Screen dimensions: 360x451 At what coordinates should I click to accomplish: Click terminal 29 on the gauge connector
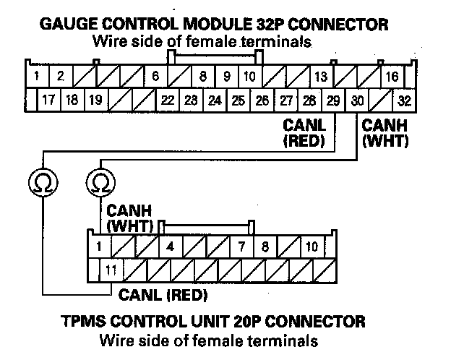click(x=333, y=100)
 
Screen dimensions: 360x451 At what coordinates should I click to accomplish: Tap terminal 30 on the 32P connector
click(x=357, y=100)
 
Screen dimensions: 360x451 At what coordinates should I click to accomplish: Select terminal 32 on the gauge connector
click(x=405, y=100)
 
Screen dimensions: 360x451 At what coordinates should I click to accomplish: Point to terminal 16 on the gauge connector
click(x=392, y=76)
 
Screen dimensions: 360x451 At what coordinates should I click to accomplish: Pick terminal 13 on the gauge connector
click(x=321, y=76)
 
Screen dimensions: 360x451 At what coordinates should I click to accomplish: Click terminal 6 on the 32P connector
click(x=155, y=76)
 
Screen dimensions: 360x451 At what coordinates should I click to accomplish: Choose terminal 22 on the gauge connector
click(x=168, y=100)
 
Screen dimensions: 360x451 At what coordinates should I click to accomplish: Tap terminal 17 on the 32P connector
click(x=48, y=100)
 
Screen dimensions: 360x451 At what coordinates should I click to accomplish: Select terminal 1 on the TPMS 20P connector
click(x=98, y=247)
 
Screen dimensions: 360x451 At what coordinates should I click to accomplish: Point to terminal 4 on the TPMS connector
click(x=170, y=247)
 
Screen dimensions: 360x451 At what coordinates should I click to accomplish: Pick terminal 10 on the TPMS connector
click(x=312, y=247)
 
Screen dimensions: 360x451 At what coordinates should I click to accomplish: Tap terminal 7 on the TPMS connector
click(x=241, y=247)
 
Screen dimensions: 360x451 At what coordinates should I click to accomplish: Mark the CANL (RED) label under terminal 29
click(x=304, y=132)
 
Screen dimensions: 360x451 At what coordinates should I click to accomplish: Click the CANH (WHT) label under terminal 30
click(x=385, y=132)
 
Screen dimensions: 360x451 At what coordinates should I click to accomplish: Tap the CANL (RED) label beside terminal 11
click(x=163, y=295)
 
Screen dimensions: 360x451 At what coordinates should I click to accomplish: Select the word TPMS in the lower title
click(x=77, y=320)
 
